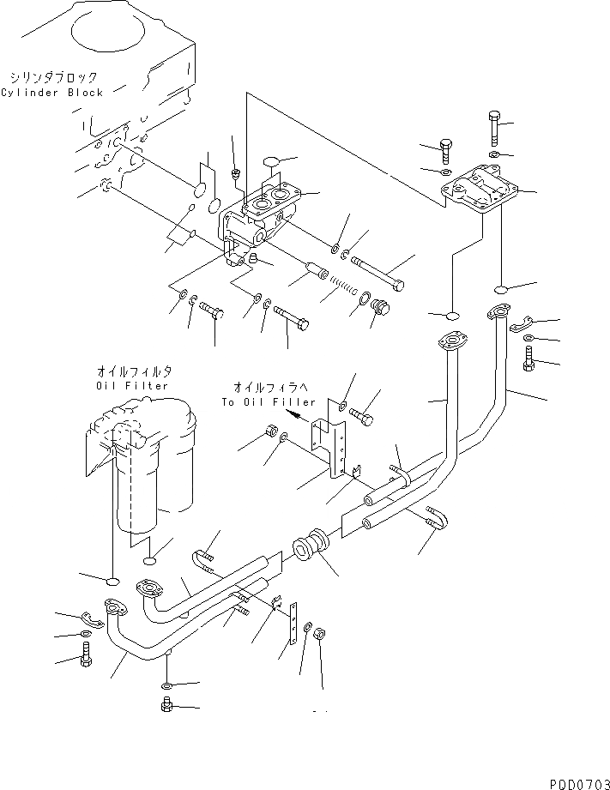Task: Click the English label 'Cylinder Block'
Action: click(x=51, y=93)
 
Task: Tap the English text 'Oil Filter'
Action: click(x=133, y=386)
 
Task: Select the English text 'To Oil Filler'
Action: click(x=269, y=401)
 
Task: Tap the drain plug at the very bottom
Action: click(x=168, y=706)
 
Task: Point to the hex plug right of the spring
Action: click(x=380, y=312)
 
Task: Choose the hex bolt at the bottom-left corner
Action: click(x=85, y=660)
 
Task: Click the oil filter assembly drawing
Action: click(x=142, y=472)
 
